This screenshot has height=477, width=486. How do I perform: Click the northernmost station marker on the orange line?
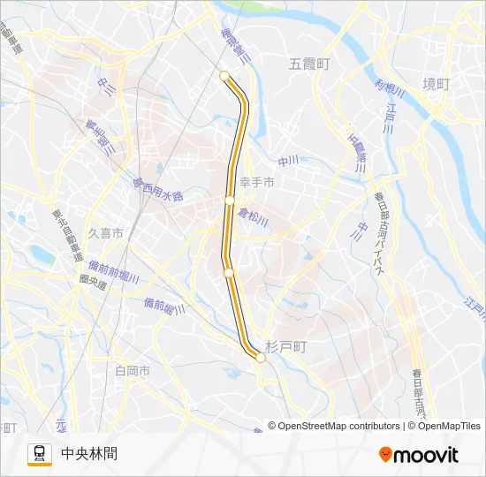[224, 75]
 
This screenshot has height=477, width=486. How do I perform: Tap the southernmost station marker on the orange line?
[260, 358]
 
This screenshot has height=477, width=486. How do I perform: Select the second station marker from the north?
[230, 201]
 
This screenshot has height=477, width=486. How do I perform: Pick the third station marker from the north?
[229, 273]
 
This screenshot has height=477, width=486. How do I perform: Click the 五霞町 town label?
[308, 64]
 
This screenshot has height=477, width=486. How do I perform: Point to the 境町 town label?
[436, 84]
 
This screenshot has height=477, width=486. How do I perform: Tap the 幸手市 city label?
[257, 183]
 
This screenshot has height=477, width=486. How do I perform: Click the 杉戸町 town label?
[285, 348]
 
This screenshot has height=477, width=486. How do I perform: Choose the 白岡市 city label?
[133, 370]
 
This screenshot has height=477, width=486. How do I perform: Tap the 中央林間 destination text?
[89, 454]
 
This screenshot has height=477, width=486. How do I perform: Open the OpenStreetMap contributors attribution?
[334, 426]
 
